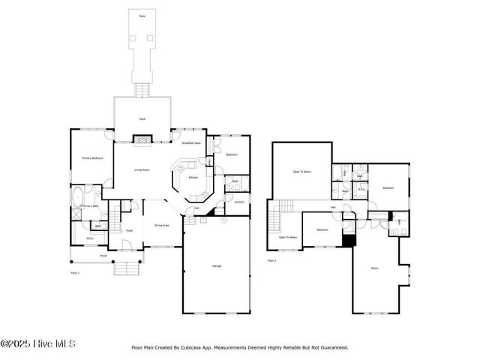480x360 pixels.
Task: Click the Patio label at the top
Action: (x=142, y=15)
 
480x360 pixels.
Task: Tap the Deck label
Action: (x=142, y=119)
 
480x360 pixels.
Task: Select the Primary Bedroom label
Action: (x=91, y=158)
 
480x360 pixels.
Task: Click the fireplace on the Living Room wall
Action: (x=142, y=139)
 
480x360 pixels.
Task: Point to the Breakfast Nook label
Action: (x=192, y=142)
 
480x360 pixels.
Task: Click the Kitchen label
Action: (x=193, y=178)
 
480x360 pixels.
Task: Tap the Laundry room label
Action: (x=239, y=202)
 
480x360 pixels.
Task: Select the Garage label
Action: (x=217, y=266)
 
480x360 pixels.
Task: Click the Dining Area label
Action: (x=160, y=225)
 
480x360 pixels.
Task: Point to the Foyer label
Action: (x=129, y=230)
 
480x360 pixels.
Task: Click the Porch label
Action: (x=103, y=256)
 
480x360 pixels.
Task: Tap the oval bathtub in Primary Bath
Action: (x=78, y=199)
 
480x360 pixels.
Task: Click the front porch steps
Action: (x=127, y=268)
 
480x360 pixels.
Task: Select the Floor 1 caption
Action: (x=74, y=273)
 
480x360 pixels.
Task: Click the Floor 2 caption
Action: (x=271, y=261)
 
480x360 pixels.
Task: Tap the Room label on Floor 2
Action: (x=375, y=268)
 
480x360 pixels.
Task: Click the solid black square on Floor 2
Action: (x=346, y=241)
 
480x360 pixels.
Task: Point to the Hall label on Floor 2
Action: (x=332, y=208)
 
